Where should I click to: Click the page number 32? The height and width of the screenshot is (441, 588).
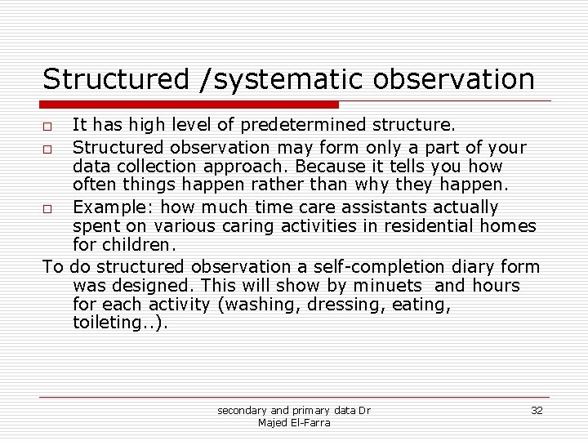(537, 410)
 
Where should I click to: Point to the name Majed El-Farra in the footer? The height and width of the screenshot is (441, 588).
(294, 421)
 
